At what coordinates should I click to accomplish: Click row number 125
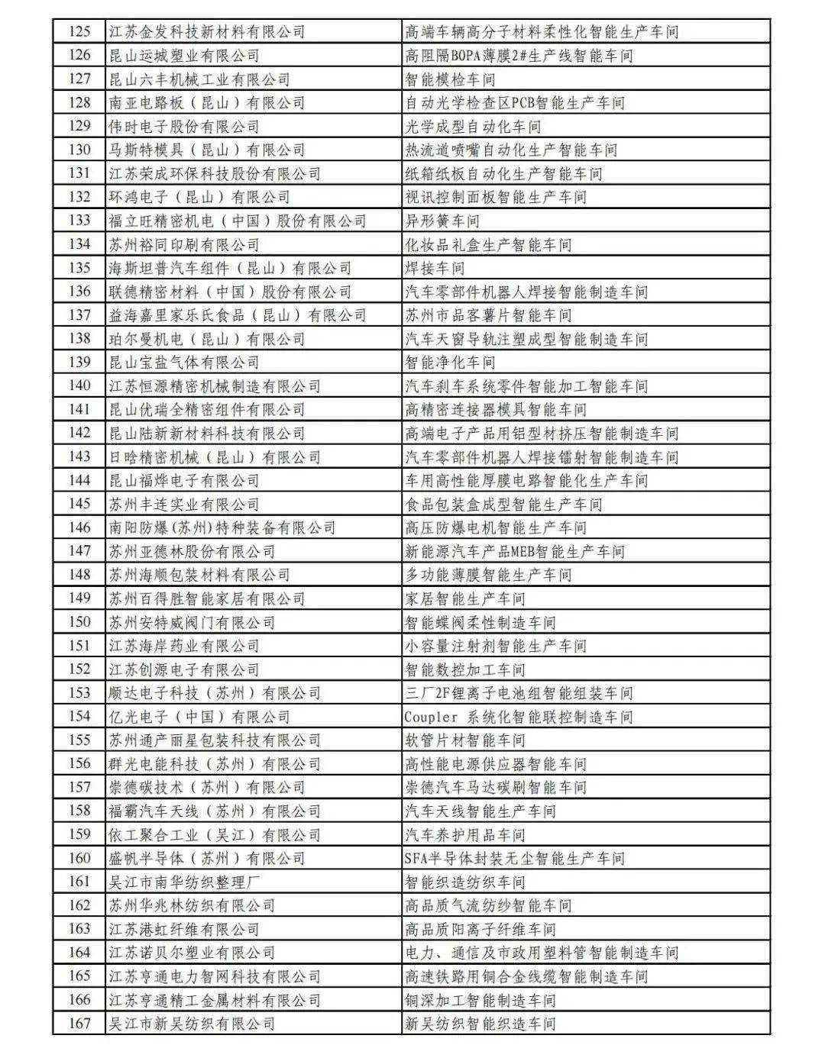pos(79,31)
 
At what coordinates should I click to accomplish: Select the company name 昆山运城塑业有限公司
pos(183,55)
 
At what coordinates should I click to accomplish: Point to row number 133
pos(79,221)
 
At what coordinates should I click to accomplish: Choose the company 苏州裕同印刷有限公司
pos(183,244)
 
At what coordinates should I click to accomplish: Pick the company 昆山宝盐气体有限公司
pos(183,362)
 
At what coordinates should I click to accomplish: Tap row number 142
pos(79,433)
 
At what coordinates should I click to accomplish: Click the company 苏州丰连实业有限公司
pos(183,504)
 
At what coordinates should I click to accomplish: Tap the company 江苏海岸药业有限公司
pos(183,646)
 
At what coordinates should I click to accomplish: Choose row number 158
pos(79,811)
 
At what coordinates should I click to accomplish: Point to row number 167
pos(79,1024)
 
